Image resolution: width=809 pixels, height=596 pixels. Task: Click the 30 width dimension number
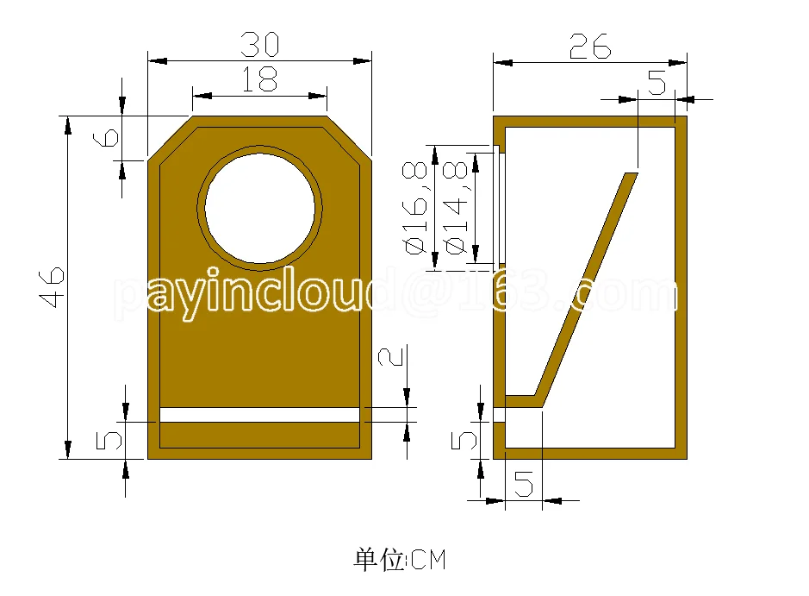click(260, 44)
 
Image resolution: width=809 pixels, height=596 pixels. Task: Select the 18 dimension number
click(259, 79)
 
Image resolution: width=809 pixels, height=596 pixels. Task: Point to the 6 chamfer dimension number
click(106, 137)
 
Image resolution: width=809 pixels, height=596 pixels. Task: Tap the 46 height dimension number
click(52, 287)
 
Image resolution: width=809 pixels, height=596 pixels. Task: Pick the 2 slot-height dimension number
click(390, 357)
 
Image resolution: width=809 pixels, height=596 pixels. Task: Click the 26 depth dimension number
click(590, 47)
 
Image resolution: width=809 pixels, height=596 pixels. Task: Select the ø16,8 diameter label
click(415, 208)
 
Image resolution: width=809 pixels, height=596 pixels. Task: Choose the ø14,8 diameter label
click(455, 208)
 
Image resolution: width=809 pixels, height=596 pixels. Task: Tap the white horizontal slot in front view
click(259, 415)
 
